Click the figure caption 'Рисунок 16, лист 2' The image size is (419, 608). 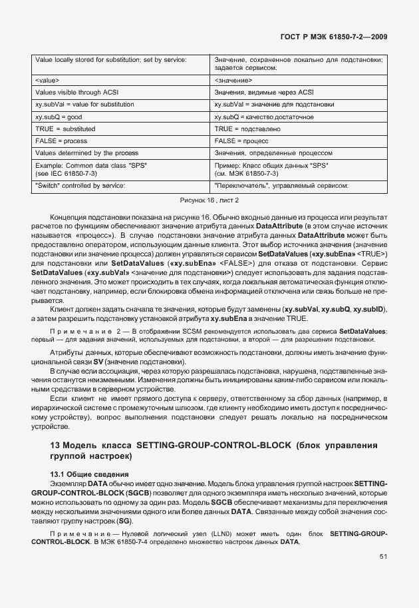(209, 200)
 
